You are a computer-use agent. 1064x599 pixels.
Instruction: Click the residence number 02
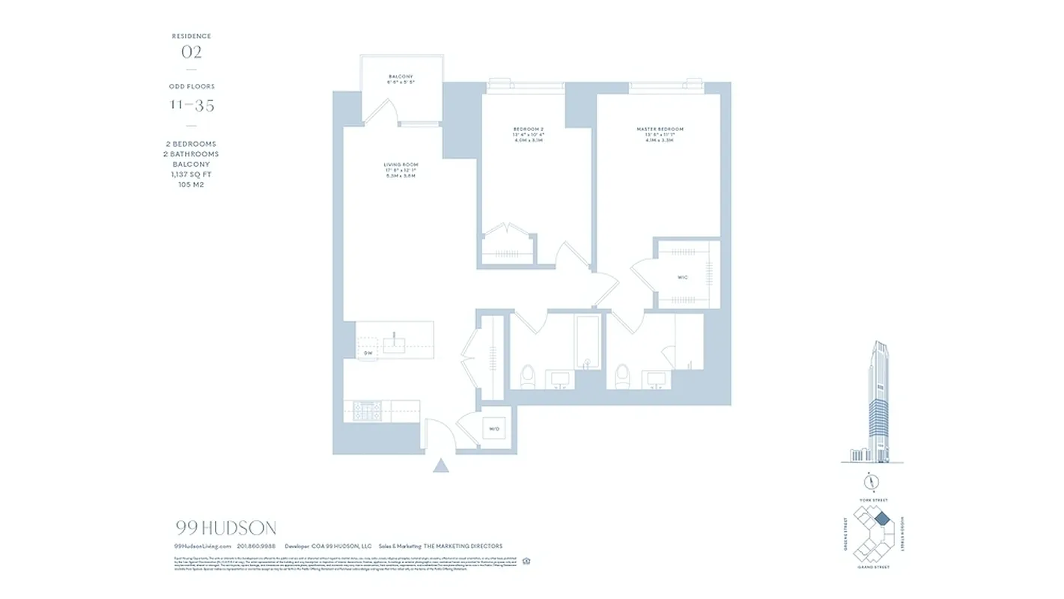click(191, 52)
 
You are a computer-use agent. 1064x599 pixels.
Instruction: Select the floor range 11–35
click(191, 106)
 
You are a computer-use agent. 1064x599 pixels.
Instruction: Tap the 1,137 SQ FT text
click(191, 174)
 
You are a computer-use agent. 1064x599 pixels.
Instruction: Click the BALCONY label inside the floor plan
click(401, 77)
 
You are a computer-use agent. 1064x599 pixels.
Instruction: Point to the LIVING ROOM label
click(401, 165)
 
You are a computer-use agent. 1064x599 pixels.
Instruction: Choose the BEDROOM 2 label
click(527, 130)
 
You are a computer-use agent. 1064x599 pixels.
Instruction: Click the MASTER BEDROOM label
click(660, 130)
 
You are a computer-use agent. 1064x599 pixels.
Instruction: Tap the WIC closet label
click(682, 278)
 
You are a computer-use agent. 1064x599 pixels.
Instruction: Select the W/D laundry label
click(494, 429)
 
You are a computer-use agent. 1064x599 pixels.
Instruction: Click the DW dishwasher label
click(368, 353)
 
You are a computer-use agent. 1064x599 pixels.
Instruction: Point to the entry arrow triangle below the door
click(441, 466)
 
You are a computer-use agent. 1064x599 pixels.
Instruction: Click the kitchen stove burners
click(367, 410)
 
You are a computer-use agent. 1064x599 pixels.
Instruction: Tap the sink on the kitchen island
click(394, 344)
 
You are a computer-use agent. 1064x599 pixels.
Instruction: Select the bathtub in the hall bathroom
click(588, 342)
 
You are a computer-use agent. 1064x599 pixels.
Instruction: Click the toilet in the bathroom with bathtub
click(527, 377)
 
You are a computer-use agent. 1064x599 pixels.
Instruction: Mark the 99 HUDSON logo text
click(225, 529)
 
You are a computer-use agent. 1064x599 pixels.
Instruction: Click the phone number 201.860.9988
click(256, 547)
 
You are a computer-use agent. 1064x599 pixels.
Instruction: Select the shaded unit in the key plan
click(882, 518)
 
